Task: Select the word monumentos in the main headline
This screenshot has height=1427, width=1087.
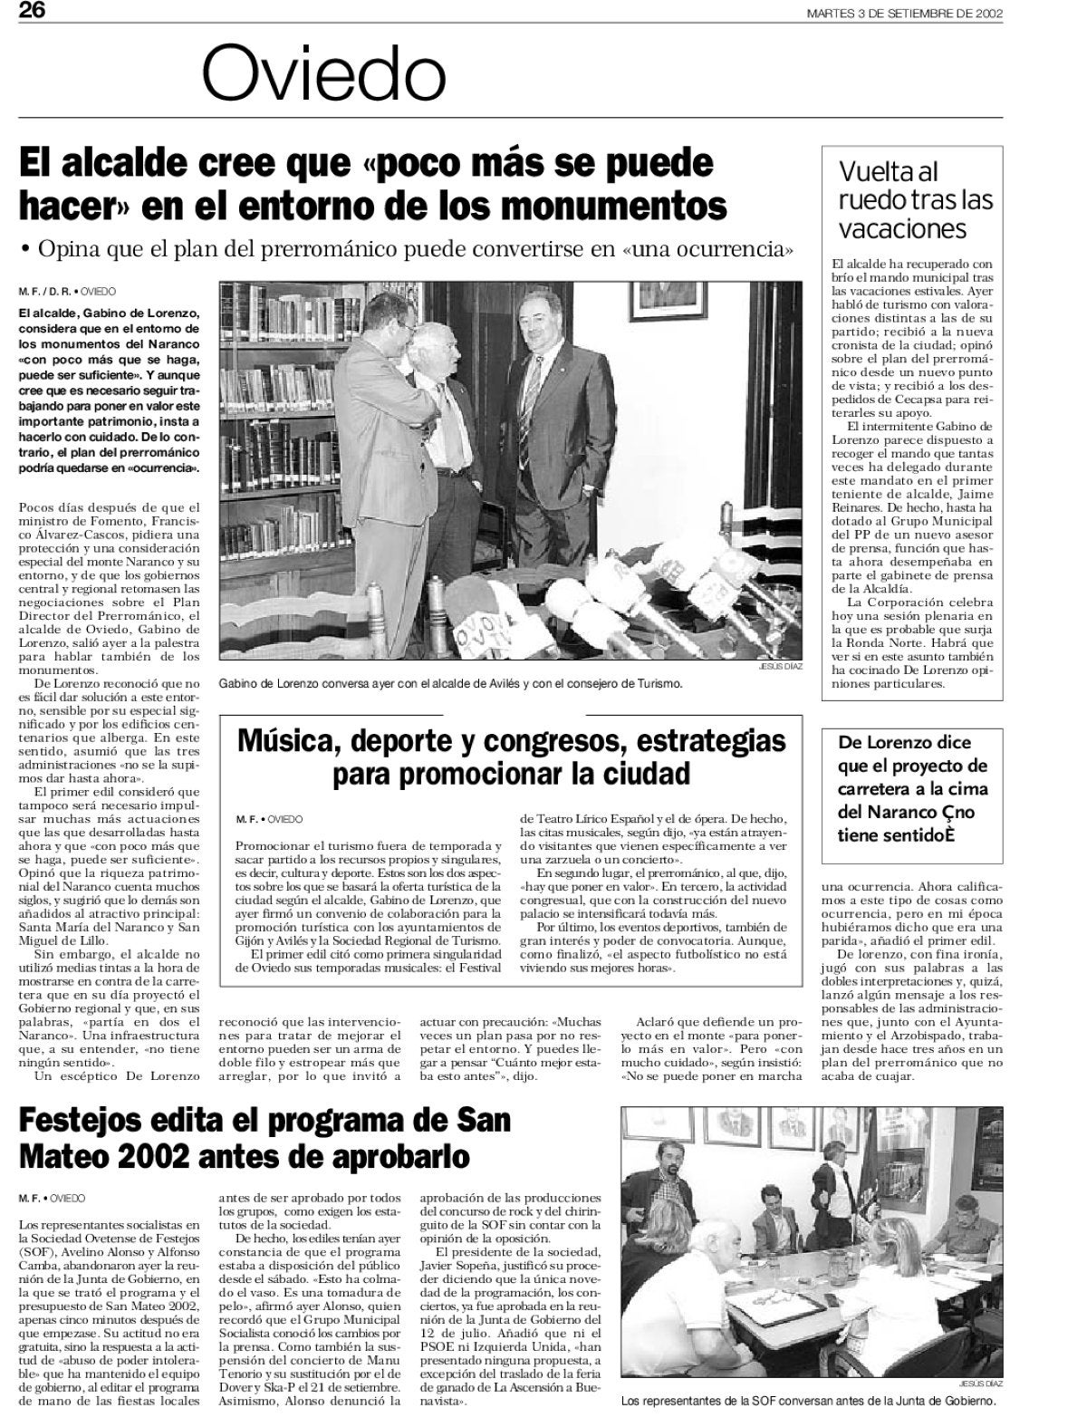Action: (x=616, y=206)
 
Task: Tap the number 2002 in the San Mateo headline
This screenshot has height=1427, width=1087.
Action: (x=195, y=1157)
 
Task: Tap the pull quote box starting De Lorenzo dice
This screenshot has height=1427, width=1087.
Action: (x=913, y=788)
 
